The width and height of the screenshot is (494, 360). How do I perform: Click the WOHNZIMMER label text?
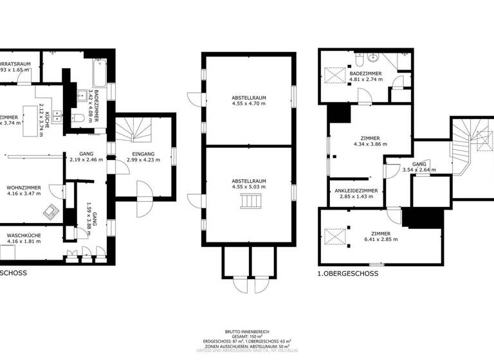24,187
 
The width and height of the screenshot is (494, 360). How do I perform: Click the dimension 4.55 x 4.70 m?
249,103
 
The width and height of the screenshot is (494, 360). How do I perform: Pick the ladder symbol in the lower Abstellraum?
249,203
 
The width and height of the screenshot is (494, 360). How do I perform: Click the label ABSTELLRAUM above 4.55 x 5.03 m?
249,181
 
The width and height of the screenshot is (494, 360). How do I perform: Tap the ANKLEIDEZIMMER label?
356,190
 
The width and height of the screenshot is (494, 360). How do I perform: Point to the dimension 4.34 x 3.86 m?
370,145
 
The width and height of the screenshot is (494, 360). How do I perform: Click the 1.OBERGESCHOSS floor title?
348,273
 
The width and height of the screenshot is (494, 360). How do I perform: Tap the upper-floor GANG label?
419,165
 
